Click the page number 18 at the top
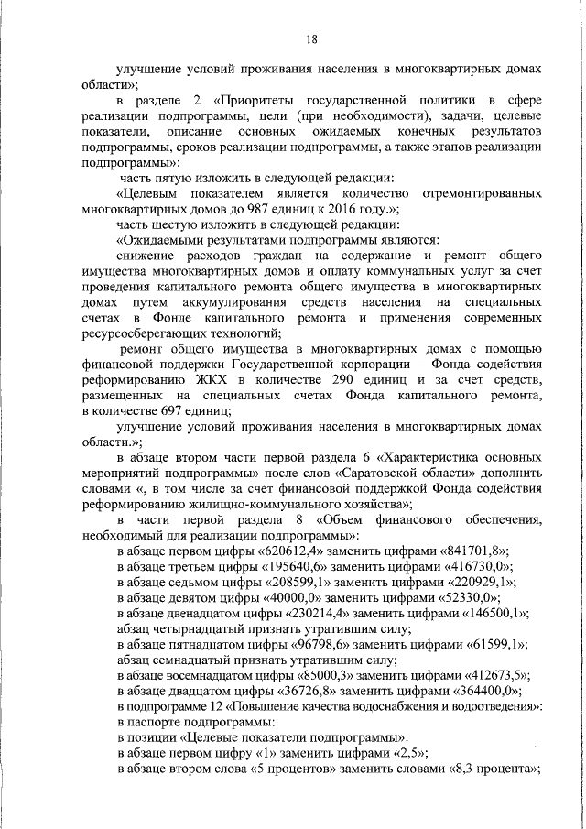click(x=311, y=38)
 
